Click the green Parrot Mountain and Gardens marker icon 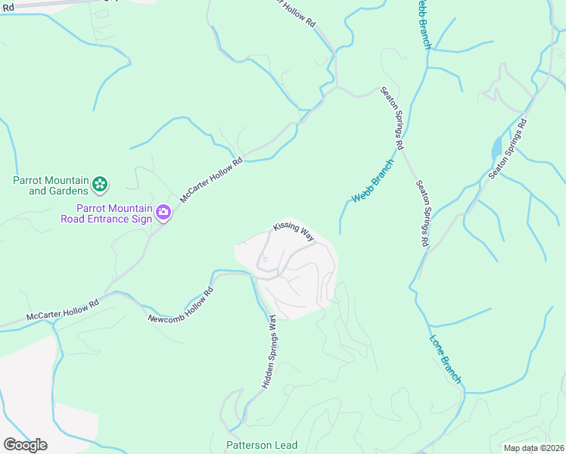(x=100, y=184)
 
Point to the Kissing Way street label (x=294, y=232)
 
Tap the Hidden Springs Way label (x=269, y=353)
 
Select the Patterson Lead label (x=262, y=445)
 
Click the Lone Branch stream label (x=446, y=359)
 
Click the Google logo (x=25, y=445)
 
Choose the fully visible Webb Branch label (x=373, y=182)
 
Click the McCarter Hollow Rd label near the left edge (x=62, y=309)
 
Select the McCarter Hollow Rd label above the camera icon (x=212, y=180)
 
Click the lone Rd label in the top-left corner (x=8, y=7)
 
